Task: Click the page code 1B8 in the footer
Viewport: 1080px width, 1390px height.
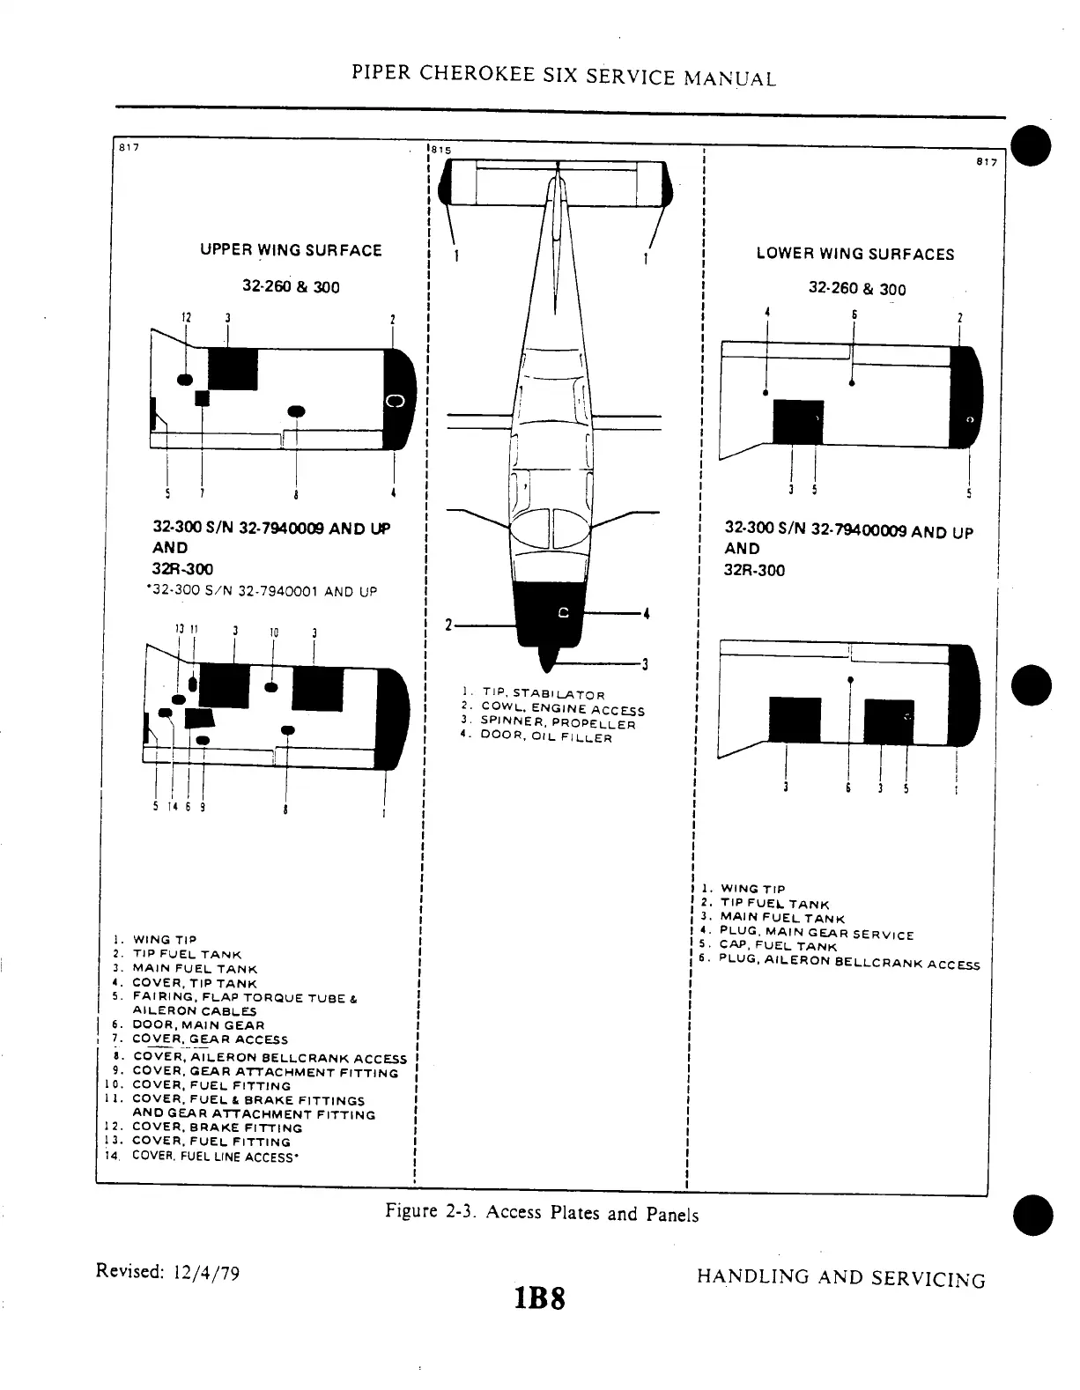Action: [535, 1298]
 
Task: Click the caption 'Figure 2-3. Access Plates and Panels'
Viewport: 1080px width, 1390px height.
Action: [542, 1213]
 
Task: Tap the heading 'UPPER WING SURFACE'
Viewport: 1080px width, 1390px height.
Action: [291, 250]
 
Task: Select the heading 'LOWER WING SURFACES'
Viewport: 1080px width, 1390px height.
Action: [854, 255]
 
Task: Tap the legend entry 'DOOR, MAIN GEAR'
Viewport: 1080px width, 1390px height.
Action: [197, 1025]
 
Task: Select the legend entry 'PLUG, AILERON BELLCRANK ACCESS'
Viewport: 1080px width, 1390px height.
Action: [848, 962]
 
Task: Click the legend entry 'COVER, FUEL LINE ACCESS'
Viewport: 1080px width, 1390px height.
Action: [211, 1157]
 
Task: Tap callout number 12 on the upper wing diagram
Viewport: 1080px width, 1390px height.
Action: [186, 318]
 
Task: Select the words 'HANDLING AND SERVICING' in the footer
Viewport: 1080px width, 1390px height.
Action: [840, 1278]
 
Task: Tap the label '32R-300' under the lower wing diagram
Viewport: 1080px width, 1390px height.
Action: [754, 570]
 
